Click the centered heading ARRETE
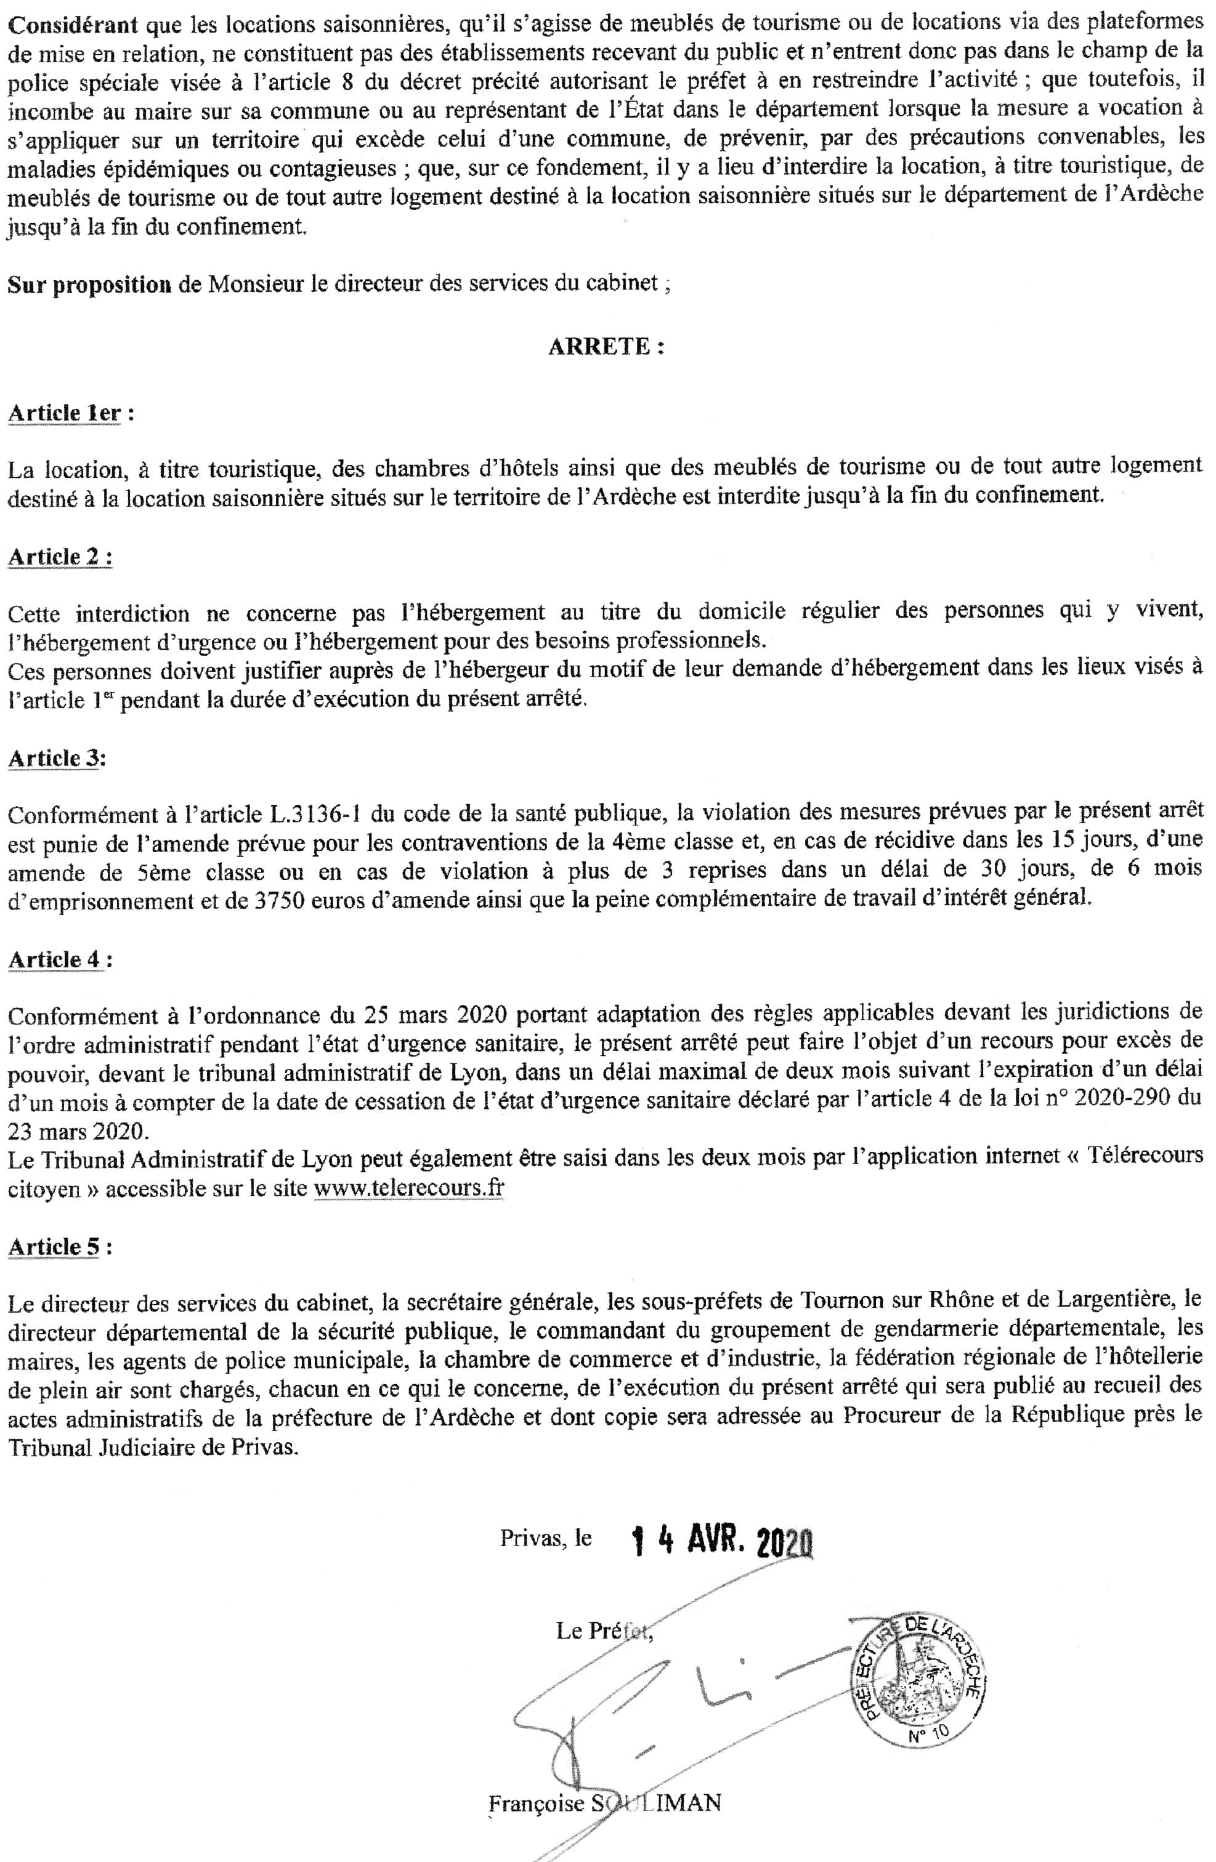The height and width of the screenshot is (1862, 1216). click(605, 348)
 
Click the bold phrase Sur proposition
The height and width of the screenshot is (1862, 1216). click(89, 284)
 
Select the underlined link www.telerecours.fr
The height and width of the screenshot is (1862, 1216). click(408, 1189)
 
